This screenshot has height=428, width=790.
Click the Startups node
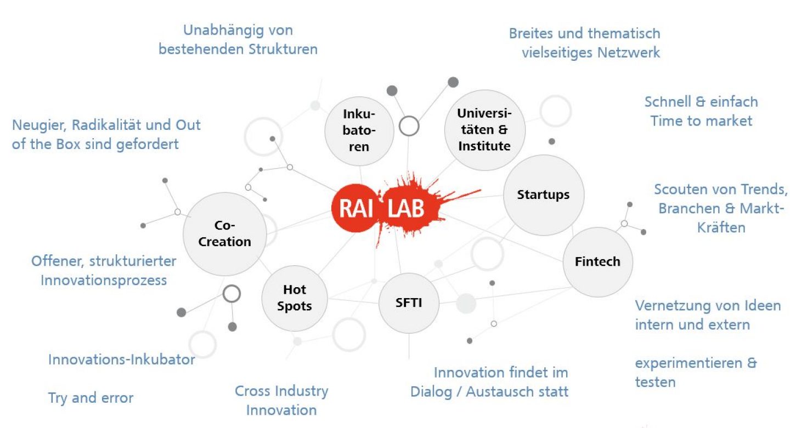543,195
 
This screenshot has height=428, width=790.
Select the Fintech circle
597,262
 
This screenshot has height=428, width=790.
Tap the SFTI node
409,303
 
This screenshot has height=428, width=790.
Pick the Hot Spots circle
295,299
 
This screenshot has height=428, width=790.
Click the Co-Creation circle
224,234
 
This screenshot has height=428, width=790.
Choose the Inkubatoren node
359,130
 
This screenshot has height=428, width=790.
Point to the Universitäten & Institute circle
484,130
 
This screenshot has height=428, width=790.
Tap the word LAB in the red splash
406,209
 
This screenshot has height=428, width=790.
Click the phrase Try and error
91,398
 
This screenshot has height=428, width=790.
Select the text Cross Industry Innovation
281,401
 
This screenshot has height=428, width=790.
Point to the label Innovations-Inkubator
122,360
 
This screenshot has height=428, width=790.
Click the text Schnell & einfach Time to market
701,111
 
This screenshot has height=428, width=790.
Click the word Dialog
432,392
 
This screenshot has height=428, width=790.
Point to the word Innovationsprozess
104,280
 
